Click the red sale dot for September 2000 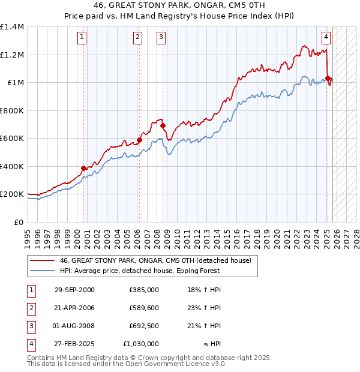click(83, 169)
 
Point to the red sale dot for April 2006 click(139, 140)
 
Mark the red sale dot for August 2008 click(163, 126)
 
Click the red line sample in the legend click(42, 260)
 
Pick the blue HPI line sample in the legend click(42, 271)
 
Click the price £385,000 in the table click(143, 290)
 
